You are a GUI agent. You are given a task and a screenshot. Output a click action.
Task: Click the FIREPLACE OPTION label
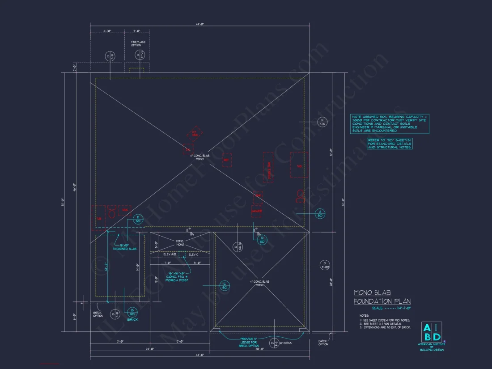point(138,44)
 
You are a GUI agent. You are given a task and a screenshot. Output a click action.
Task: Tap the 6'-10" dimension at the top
point(107,31)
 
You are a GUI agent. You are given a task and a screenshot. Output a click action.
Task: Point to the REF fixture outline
point(227,160)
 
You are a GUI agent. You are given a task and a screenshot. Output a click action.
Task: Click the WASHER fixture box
point(257,211)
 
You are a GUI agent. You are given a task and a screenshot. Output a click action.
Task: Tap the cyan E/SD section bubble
point(138,219)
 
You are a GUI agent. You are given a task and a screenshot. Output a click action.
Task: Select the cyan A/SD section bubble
point(320,213)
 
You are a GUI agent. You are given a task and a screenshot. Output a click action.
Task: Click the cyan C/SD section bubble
point(225,285)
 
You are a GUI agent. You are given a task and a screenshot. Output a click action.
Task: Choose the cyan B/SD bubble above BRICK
point(132,312)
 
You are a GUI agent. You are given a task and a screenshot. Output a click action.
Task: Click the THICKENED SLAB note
point(124,247)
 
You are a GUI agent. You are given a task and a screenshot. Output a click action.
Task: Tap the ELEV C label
point(193,254)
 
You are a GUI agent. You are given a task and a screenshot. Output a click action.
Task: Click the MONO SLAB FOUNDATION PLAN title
point(382,297)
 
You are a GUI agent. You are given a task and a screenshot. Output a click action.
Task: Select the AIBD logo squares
point(432,332)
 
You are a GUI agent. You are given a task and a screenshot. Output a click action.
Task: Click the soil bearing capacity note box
point(389,123)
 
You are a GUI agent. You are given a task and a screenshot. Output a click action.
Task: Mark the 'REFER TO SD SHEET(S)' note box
point(390,144)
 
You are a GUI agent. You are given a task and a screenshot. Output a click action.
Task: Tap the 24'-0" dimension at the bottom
point(149,349)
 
